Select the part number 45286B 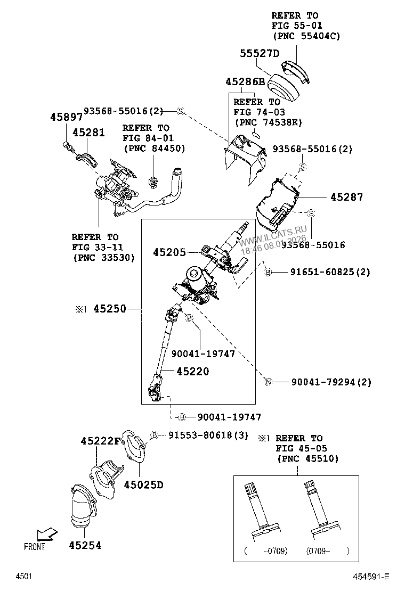(245, 82)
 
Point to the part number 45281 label (88, 133)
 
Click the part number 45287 (346, 198)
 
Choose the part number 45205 (170, 253)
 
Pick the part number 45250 (110, 309)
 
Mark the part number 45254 (85, 545)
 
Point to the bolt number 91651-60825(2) (330, 272)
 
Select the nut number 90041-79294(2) (331, 382)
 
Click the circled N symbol (269, 382)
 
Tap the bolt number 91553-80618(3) (208, 435)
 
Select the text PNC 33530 (103, 257)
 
